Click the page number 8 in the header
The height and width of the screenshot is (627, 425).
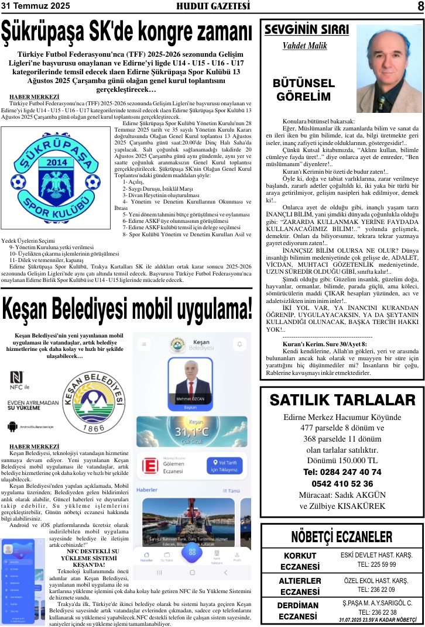tap(420, 6)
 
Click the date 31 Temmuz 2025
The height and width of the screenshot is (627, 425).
tap(36, 6)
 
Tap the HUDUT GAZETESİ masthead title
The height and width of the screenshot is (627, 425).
tap(213, 6)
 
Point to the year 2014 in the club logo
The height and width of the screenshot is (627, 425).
tap(56, 162)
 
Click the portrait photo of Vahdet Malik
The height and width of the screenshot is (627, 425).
tap(389, 68)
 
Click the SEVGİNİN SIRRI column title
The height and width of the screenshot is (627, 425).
tap(306, 30)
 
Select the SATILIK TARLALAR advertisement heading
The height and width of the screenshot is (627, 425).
tap(342, 400)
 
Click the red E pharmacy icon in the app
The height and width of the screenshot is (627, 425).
tap(150, 466)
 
